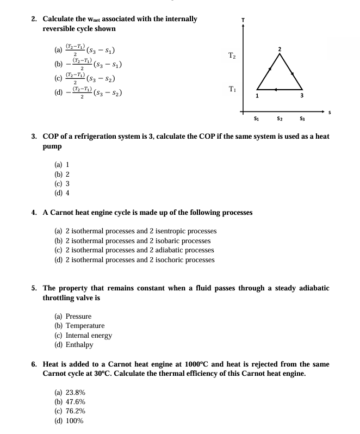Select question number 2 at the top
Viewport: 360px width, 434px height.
(x=34, y=19)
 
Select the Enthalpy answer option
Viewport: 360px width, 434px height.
(x=79, y=344)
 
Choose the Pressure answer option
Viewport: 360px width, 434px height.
(x=78, y=316)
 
